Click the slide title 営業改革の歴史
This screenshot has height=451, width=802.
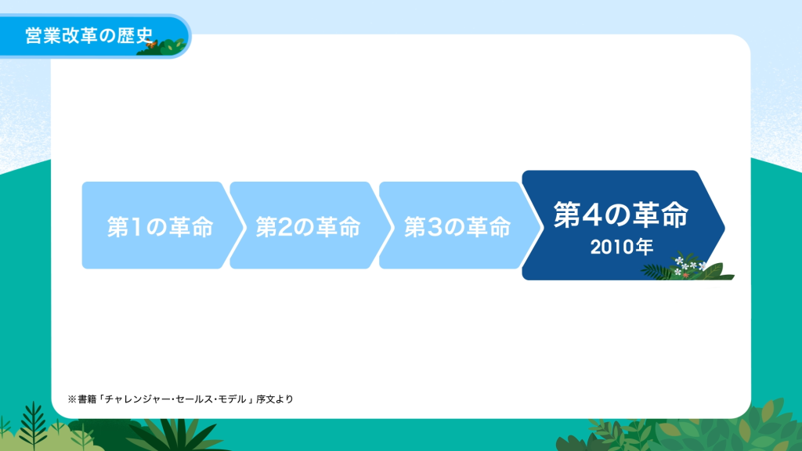tap(89, 36)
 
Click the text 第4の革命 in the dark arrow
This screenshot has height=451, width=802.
tap(621, 215)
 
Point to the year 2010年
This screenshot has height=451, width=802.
tap(621, 247)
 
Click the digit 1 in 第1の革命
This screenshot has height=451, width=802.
tap(135, 227)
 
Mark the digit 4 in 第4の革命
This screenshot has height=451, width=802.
tap(591, 215)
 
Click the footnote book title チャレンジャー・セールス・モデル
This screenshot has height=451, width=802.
tap(175, 399)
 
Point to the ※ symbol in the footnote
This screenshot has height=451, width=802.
tap(72, 399)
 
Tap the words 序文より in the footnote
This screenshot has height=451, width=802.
tap(275, 399)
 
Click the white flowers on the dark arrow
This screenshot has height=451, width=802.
tap(688, 266)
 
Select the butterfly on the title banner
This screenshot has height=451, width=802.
tap(151, 45)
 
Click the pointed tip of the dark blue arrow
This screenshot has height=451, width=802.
tap(724, 226)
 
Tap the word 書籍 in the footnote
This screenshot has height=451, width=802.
tap(87, 399)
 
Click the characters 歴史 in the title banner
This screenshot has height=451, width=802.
tap(135, 36)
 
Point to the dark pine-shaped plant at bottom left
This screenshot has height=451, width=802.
tap(33, 424)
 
